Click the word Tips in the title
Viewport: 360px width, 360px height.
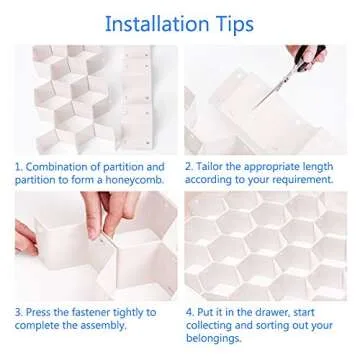click(x=229, y=22)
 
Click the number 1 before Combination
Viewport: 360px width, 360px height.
click(x=17, y=166)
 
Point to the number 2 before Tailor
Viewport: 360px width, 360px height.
click(x=189, y=166)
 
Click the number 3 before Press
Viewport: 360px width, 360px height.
click(x=17, y=312)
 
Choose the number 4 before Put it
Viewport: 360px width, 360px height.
click(x=189, y=312)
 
